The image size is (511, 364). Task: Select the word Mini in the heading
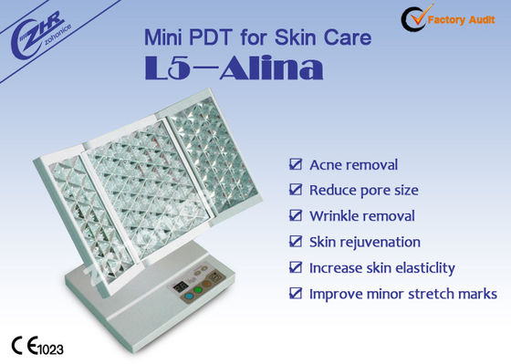point(165,38)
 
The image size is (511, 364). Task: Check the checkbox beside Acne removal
point(294,165)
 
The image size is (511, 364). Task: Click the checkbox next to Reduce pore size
point(294,191)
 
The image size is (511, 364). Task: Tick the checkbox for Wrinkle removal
point(294,216)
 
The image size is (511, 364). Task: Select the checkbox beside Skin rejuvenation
point(294,242)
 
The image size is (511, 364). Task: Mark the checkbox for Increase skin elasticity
point(294,267)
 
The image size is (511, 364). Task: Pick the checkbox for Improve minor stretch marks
point(294,294)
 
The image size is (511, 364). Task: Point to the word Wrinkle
point(337,216)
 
